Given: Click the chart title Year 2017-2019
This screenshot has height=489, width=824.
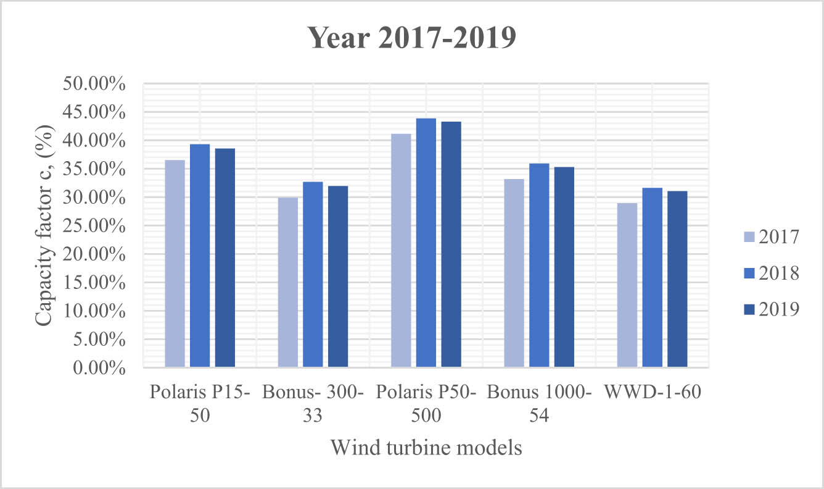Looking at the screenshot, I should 411,38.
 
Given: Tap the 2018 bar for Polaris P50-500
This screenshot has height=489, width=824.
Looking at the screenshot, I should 426,243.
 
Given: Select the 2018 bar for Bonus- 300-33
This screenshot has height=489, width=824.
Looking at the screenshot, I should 313,275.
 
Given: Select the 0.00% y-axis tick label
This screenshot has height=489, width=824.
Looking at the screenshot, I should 99,368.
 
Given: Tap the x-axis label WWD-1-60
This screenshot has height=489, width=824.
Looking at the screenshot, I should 653,393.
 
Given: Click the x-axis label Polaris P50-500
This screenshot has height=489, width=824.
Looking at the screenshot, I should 426,404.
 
